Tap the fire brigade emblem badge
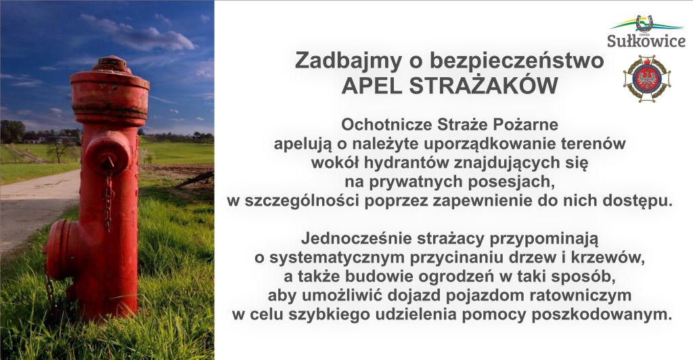point(646,78)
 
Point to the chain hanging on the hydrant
point(108,200)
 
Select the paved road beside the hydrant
point(34,203)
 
